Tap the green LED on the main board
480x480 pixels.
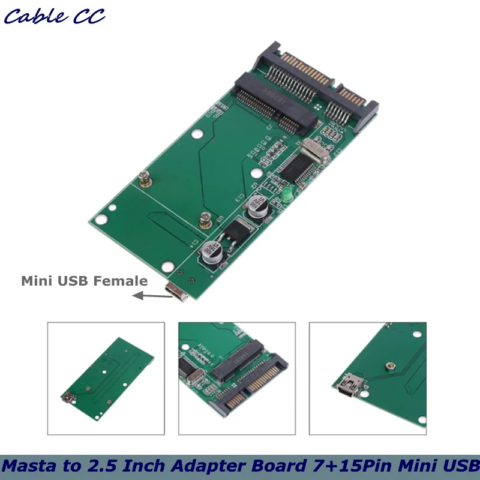coord(287,194)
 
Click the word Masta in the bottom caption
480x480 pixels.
coord(29,466)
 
